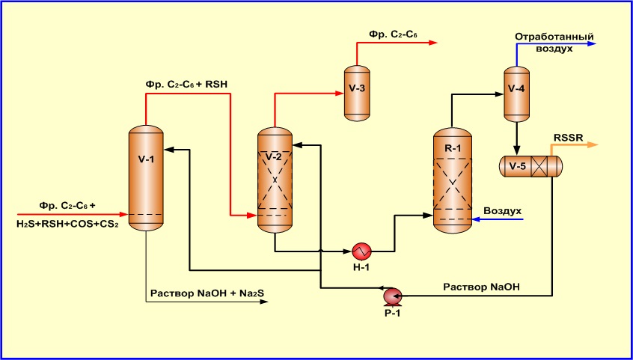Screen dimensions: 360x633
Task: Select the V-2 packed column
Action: click(x=275, y=180)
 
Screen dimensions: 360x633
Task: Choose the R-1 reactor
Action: click(x=453, y=180)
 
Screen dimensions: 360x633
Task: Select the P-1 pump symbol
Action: click(x=391, y=296)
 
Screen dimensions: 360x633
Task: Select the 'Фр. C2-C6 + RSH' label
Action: click(x=186, y=84)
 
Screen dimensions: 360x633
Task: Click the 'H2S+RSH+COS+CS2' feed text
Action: click(x=67, y=224)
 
